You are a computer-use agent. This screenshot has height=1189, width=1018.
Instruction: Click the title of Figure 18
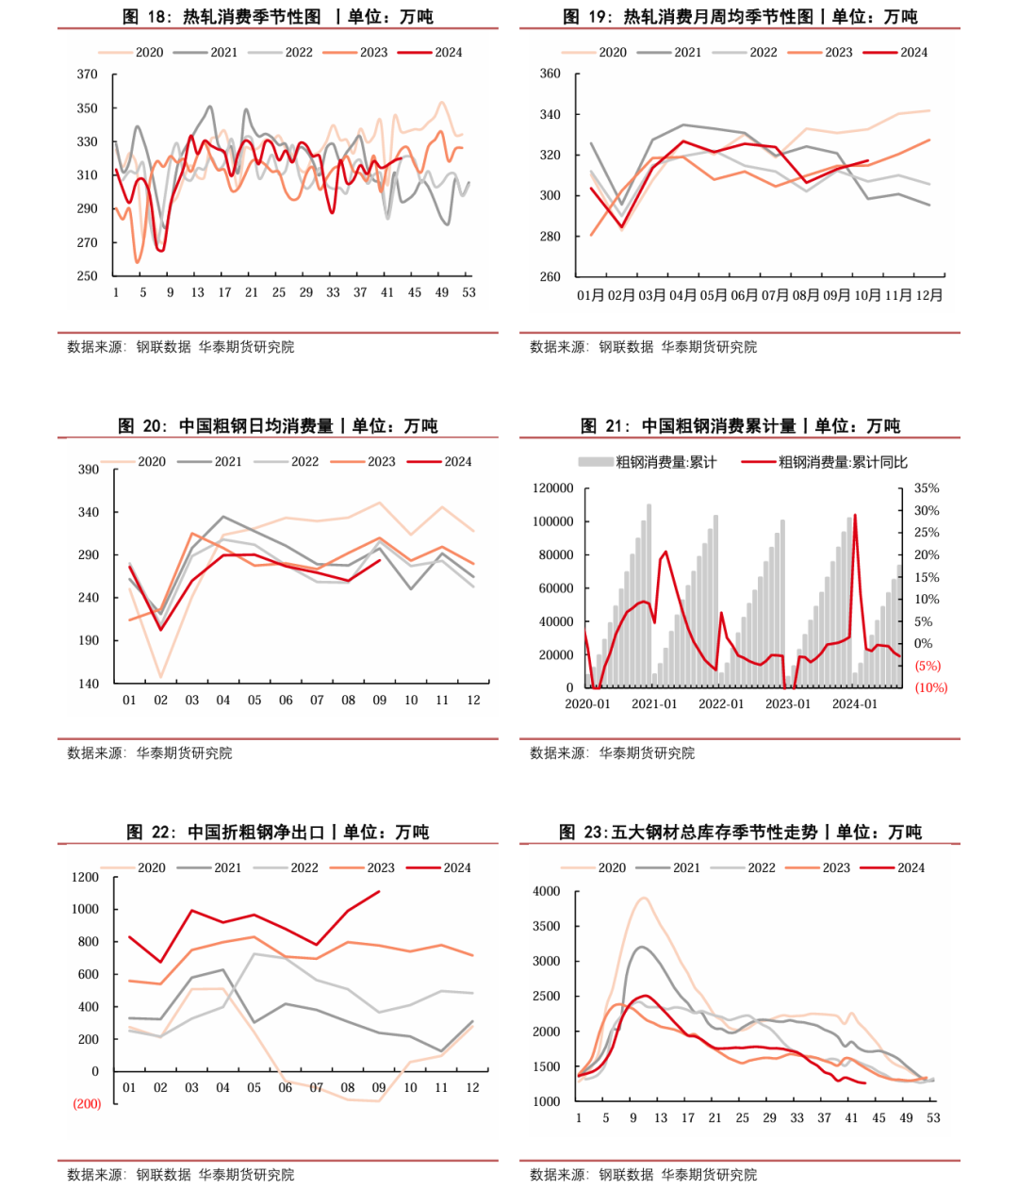278,16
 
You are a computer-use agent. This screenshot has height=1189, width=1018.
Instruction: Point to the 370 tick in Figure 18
88,74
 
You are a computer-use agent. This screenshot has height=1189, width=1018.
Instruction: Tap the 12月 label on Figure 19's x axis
928,295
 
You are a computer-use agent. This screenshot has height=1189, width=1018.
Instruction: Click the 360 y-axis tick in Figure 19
550,74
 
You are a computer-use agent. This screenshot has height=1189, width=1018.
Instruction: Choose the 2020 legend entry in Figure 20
134,461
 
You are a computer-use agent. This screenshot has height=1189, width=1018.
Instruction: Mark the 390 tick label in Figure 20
89,470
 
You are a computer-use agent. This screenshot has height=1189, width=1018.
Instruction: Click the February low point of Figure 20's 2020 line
160,677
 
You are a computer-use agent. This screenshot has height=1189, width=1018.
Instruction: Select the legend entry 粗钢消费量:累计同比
824,462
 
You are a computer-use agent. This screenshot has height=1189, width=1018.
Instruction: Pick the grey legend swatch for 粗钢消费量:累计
596,461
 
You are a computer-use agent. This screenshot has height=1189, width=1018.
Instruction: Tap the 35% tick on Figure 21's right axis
927,487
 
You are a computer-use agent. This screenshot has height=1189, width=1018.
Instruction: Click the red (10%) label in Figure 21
931,687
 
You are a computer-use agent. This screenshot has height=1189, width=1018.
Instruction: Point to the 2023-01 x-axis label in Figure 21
788,704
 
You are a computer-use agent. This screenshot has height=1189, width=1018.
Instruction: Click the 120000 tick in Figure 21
552,487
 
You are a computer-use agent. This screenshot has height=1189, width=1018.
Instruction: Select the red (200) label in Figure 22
87,1103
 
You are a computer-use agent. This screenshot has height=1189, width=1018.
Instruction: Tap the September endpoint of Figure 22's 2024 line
379,892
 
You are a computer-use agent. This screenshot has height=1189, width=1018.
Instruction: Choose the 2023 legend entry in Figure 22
363,867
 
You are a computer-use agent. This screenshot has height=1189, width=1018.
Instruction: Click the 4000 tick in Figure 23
547,891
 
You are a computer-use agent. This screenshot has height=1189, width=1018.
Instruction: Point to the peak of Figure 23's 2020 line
644,898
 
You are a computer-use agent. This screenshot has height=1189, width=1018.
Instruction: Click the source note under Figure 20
150,753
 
